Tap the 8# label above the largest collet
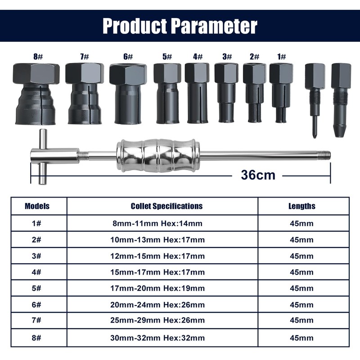[36, 57]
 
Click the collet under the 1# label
[281, 92]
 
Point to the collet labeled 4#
[197, 93]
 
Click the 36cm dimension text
[257, 175]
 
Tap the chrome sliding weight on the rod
[158, 155]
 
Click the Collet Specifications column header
[166, 206]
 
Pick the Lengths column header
[301, 206]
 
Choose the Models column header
[37, 206]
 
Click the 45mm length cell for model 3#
[301, 256]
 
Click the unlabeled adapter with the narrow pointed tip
[315, 99]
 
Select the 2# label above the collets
[254, 57]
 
